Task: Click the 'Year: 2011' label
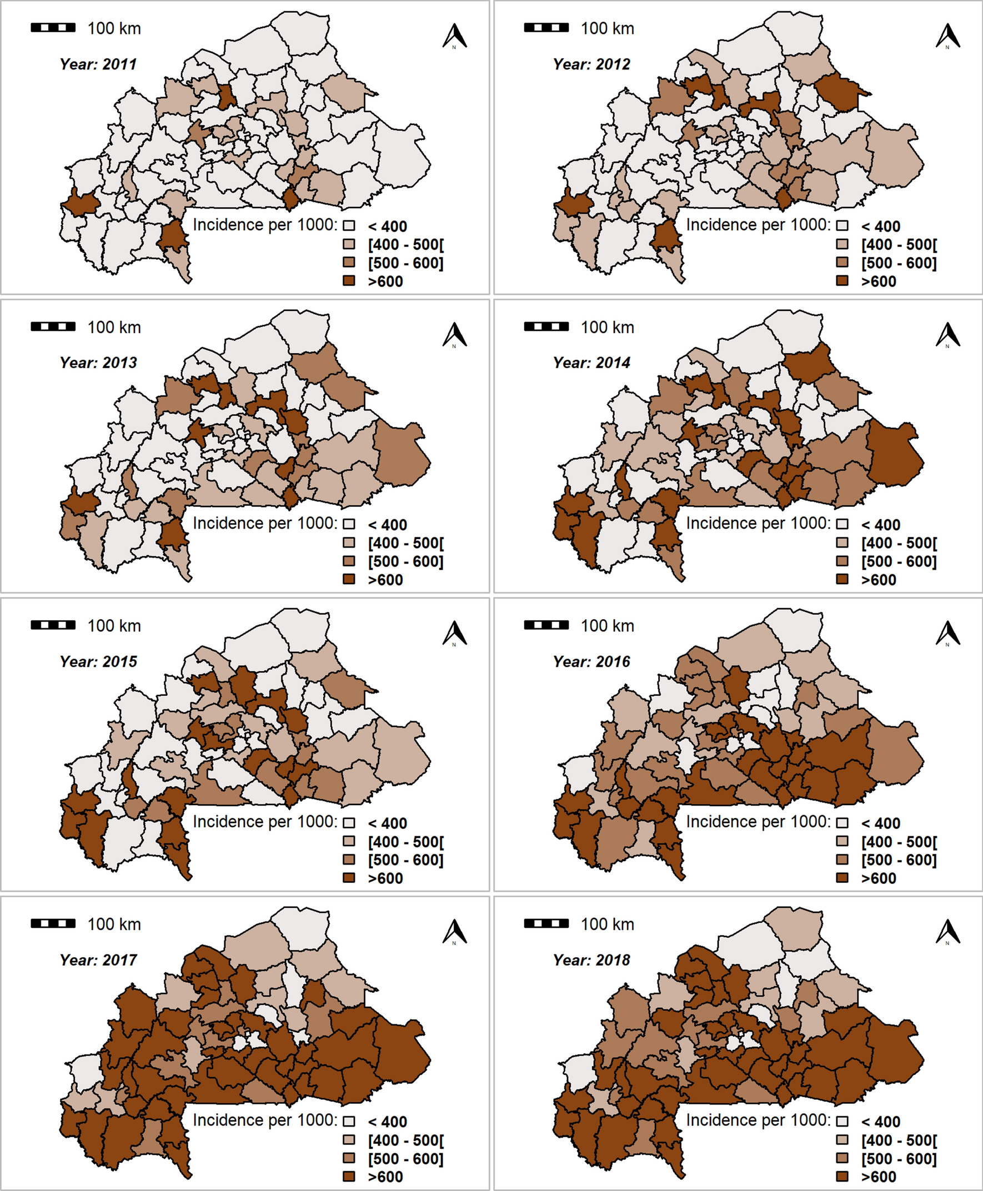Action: pyautogui.click(x=98, y=64)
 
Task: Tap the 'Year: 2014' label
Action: pyautogui.click(x=591, y=362)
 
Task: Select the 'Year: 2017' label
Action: pyautogui.click(x=98, y=960)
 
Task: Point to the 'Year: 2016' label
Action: pyautogui.click(x=591, y=661)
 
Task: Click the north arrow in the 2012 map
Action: pyautogui.click(x=947, y=36)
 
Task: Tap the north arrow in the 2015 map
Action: pyautogui.click(x=454, y=634)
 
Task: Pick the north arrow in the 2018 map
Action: pyautogui.click(x=947, y=932)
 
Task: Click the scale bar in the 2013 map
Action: pyautogui.click(x=53, y=326)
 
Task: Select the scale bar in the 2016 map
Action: pyautogui.click(x=546, y=625)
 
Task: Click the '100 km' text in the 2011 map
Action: pyautogui.click(x=114, y=28)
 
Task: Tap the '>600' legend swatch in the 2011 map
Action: pyautogui.click(x=349, y=281)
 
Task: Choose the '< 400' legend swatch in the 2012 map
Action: pyautogui.click(x=842, y=226)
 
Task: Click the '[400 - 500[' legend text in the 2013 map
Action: pyautogui.click(x=406, y=544)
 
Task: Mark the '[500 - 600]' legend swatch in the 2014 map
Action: pyautogui.click(x=842, y=561)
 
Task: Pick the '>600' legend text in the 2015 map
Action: pyautogui.click(x=385, y=878)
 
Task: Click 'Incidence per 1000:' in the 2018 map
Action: pyautogui.click(x=758, y=1120)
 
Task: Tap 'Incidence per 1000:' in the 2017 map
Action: pyautogui.click(x=265, y=1120)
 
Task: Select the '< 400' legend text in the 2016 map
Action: pyautogui.click(x=881, y=823)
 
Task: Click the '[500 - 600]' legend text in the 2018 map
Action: pyautogui.click(x=899, y=1159)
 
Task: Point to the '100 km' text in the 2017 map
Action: pyautogui.click(x=114, y=924)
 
